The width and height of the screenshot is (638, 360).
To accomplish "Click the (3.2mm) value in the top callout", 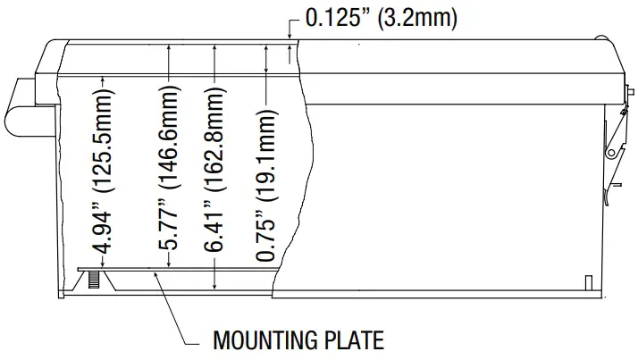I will click(x=418, y=19).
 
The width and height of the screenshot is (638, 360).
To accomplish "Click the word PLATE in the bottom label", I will click(x=352, y=340).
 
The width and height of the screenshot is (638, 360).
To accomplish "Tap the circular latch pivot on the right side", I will click(x=612, y=153).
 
